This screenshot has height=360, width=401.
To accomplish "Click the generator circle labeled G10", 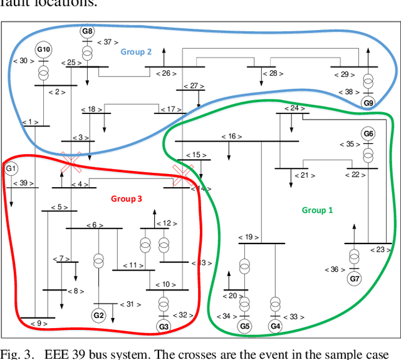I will point(43,49).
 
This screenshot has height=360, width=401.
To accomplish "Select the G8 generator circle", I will point(87,31).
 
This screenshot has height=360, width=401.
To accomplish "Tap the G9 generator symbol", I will point(368,103).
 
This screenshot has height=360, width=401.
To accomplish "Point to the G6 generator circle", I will point(368,133).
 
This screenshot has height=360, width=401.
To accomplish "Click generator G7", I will point(355,277).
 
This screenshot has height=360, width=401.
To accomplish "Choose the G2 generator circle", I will point(98,314).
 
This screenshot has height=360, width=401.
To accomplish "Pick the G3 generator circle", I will point(164,326).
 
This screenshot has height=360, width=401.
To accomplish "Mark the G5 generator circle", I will point(244,326).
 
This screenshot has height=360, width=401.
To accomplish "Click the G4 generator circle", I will point(274,326).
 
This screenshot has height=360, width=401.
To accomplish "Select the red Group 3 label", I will point(127,198).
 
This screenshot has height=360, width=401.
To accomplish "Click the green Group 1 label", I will point(318,210).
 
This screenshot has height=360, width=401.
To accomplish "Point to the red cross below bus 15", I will point(182,175).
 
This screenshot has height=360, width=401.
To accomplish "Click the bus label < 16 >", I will point(231,136).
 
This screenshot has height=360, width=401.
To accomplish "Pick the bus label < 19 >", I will point(248,237).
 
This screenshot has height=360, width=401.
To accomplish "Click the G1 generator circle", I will point(11,168).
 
